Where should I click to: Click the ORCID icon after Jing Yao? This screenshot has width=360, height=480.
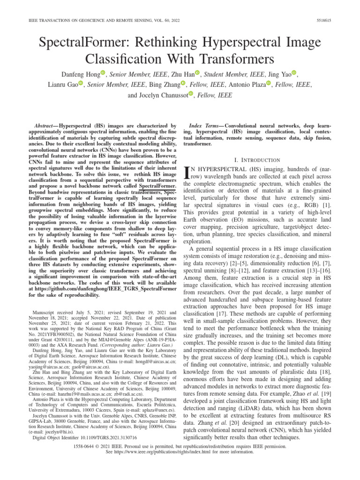[294, 73]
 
